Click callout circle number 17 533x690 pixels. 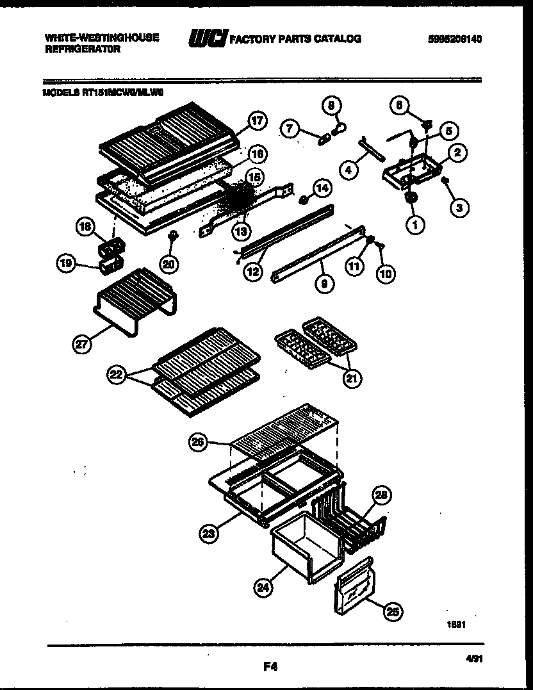[x=257, y=121]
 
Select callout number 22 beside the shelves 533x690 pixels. [x=116, y=376]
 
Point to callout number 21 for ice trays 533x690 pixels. [x=351, y=378]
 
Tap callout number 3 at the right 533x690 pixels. [x=459, y=207]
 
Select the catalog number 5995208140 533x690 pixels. [x=455, y=39]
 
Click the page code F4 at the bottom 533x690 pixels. [x=270, y=666]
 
